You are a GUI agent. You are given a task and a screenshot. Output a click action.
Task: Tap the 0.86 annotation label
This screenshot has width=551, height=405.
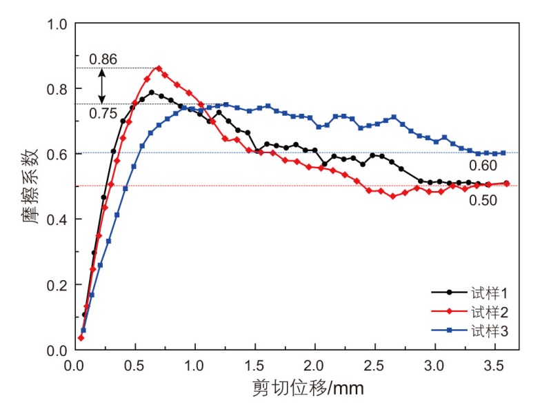click(103, 59)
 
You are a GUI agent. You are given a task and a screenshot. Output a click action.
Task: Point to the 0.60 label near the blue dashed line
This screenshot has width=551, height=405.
click(483, 166)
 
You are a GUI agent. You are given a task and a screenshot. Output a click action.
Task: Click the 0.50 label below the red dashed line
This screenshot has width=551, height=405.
click(483, 199)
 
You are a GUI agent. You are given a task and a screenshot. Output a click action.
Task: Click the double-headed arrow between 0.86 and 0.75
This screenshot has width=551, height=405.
click(102, 86)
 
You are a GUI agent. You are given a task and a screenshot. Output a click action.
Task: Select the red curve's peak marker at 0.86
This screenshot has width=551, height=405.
click(159, 68)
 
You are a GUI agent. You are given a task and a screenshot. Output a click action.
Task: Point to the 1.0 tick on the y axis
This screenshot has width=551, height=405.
click(56, 24)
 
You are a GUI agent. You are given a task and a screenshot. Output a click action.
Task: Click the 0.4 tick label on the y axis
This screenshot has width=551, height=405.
click(56, 219)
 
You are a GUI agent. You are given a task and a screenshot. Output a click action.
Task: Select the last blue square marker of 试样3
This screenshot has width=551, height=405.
click(503, 152)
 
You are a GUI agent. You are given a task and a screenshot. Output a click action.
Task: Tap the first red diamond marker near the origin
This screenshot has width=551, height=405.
click(81, 337)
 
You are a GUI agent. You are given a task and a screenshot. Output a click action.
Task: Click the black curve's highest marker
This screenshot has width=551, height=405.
click(151, 92)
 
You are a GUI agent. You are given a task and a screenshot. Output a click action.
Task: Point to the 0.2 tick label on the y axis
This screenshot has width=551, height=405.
click(56, 285)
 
